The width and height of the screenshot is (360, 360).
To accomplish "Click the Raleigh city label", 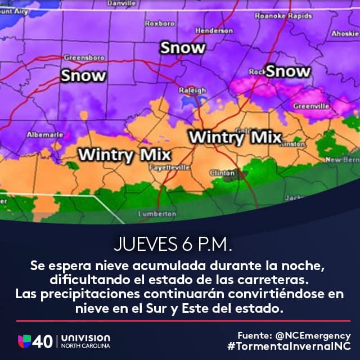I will coord(192,91).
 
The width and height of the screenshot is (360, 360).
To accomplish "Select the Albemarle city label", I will coord(41,135).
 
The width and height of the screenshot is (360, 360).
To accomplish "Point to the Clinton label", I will coord(222,173).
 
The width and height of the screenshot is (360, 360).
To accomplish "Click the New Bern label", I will coord(343,160).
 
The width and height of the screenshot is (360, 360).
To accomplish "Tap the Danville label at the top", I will coord(121,3).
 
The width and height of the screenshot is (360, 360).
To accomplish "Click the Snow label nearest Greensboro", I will coord(83,75).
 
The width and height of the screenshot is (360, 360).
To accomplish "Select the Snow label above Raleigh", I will coord(183,48).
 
